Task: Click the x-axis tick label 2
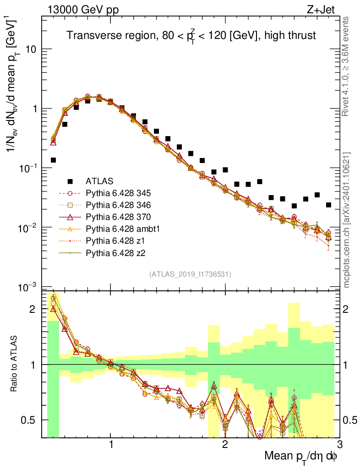coord(225,444)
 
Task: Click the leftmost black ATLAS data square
coord(54,160)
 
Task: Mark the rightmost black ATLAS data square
coord(328,205)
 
